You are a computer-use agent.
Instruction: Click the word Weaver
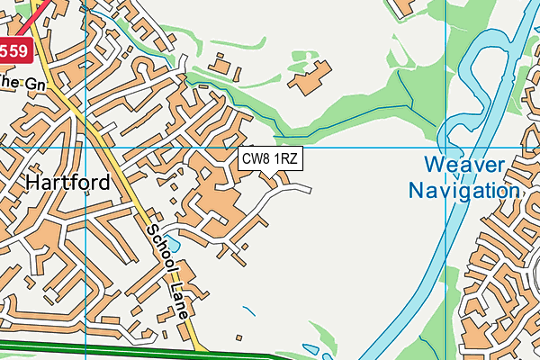coord(465,166)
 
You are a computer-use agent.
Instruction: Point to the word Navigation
coord(463,191)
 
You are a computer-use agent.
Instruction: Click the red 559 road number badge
coord(15,51)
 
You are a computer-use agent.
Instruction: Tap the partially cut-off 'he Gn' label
coord(11,82)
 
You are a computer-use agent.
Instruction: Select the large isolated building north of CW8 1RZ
coord(308,77)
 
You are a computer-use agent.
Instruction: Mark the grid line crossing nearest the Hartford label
coord(85,147)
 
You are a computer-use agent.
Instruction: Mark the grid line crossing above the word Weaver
coord(445,147)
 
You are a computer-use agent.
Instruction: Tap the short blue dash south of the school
coord(247,310)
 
